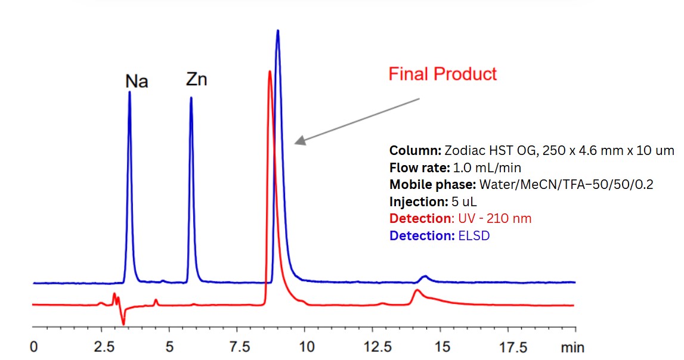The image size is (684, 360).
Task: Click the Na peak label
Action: pyautogui.click(x=137, y=82)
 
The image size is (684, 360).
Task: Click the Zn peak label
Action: pyautogui.click(x=196, y=79)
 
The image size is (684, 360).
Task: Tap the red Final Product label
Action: pyautogui.click(x=442, y=74)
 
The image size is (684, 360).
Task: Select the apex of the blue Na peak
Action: pyautogui.click(x=129, y=92)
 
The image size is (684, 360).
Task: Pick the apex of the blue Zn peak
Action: pyautogui.click(x=191, y=98)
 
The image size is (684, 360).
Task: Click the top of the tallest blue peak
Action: pyautogui.click(x=278, y=30)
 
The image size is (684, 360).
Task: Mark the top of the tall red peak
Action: pyautogui.click(x=270, y=72)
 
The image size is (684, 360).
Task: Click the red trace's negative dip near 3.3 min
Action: pyautogui.click(x=123, y=324)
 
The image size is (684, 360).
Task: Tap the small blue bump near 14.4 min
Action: pyautogui.click(x=424, y=277)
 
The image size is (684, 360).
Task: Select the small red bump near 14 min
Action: pyautogui.click(x=417, y=291)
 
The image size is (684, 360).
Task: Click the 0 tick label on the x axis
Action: pyautogui.click(x=34, y=347)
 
